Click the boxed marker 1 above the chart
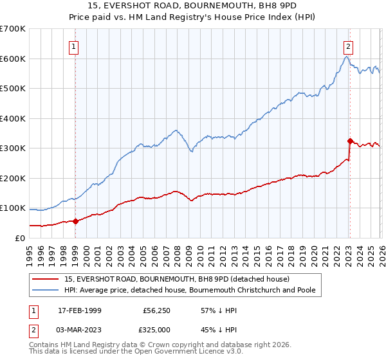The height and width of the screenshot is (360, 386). pyautogui.click(x=75, y=46)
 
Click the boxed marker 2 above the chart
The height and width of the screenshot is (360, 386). pyautogui.click(x=348, y=46)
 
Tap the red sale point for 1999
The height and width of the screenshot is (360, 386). pyautogui.click(x=75, y=221)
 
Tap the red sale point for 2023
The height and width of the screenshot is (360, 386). pyautogui.click(x=350, y=141)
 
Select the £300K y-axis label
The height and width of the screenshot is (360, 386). pyautogui.click(x=13, y=148)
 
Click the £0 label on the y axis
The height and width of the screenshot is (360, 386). pyautogui.click(x=19, y=238)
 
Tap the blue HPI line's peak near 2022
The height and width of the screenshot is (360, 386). pyautogui.click(x=346, y=57)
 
